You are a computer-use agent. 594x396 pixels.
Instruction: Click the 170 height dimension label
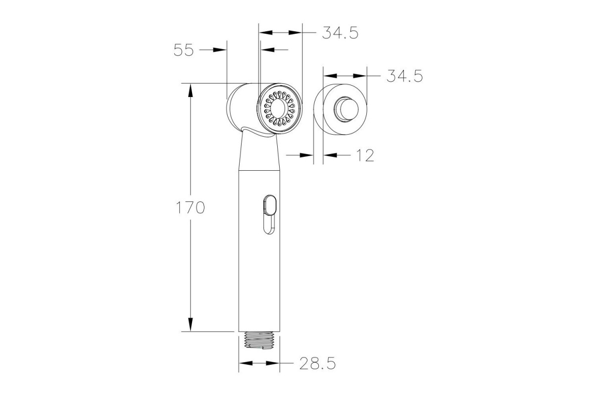(x=191, y=207)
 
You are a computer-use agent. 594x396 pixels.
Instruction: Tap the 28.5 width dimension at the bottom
(x=318, y=363)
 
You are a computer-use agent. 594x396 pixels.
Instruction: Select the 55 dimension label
(x=184, y=50)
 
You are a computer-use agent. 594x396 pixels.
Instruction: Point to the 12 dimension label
(x=365, y=155)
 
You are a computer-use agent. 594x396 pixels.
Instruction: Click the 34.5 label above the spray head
(x=340, y=33)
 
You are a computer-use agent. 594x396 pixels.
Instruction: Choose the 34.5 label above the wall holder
(x=405, y=76)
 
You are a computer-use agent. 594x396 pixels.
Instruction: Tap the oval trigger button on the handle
(x=270, y=205)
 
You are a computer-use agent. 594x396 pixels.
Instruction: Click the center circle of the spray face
(x=278, y=108)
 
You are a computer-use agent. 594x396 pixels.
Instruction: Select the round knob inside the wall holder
(x=346, y=109)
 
